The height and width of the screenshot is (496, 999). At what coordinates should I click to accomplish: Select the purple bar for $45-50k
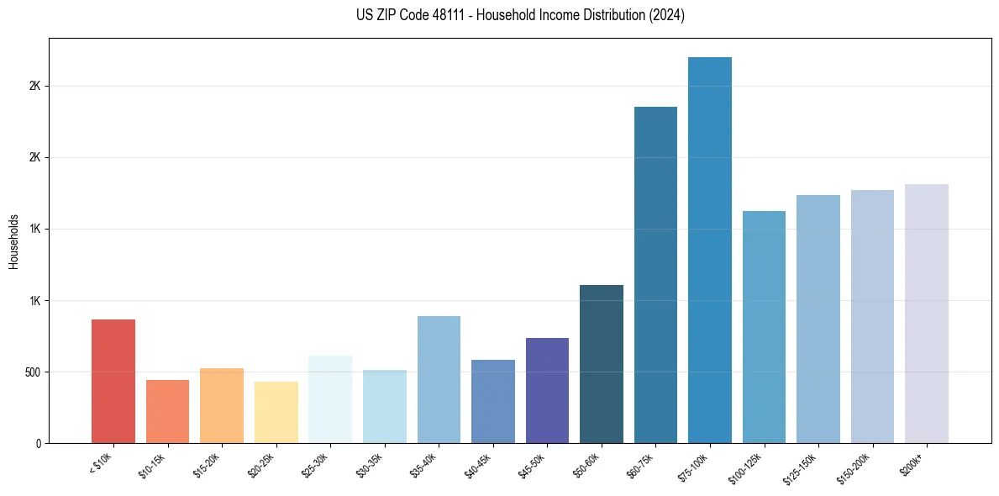click(x=547, y=390)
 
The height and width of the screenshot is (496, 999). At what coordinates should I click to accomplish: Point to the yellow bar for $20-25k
click(x=276, y=412)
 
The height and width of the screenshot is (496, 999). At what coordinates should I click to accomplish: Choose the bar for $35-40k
click(x=439, y=379)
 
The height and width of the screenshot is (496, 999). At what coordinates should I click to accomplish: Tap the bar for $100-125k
click(x=764, y=327)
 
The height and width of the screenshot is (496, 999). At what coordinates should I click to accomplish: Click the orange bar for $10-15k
click(x=167, y=411)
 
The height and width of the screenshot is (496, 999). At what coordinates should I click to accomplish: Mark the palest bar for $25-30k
click(x=330, y=399)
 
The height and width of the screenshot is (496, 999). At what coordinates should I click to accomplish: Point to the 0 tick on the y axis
click(x=39, y=443)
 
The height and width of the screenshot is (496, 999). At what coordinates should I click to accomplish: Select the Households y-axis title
click(x=13, y=240)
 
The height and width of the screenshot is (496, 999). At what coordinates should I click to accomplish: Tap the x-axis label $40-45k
click(x=478, y=466)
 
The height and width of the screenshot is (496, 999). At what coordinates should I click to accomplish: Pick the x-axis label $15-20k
click(x=207, y=466)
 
